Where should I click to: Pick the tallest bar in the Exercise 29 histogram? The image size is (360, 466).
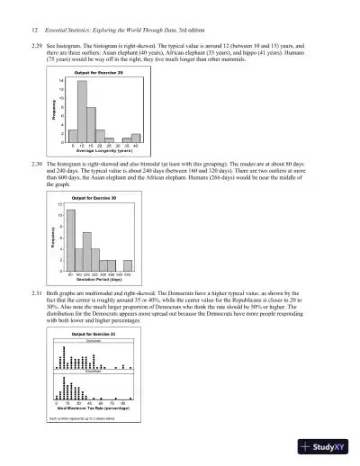click(82, 112)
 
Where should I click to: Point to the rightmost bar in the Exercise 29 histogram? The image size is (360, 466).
click(136, 139)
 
